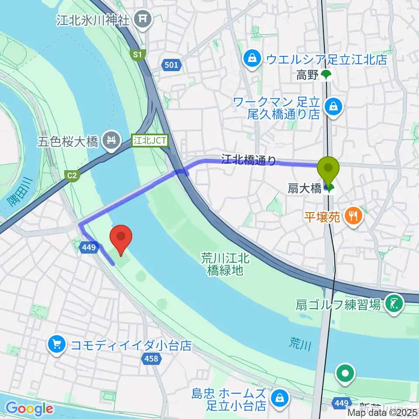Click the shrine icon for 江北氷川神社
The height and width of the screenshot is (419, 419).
pos(142,19)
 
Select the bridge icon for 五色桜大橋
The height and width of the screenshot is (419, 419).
pos(110,141)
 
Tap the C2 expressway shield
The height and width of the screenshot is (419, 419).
pos(72,175)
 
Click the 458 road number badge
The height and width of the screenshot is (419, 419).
pos(151,359)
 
